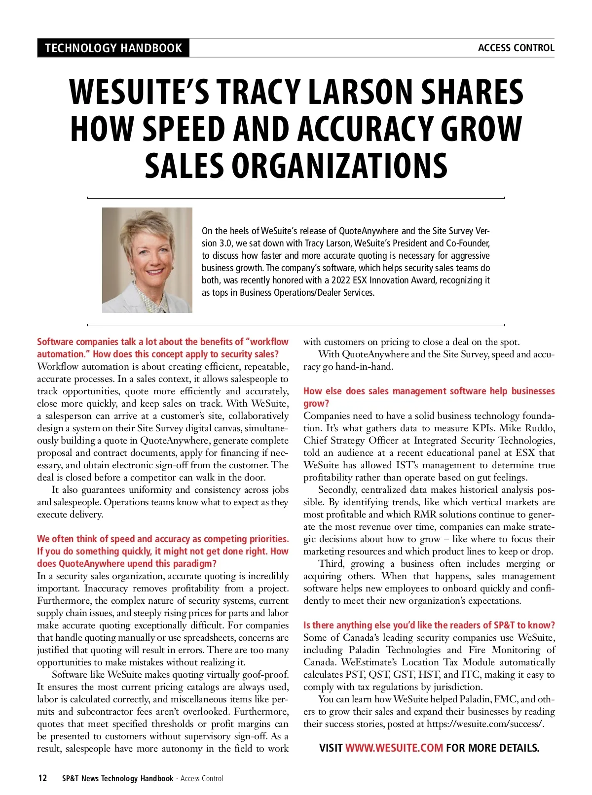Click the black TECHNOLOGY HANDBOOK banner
tap(113, 48)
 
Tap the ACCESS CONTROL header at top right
tap(516, 48)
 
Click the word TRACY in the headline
tap(260, 92)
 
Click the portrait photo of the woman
tap(147, 260)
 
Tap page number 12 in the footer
tap(43, 778)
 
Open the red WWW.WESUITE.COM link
tap(394, 748)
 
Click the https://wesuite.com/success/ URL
tap(485, 724)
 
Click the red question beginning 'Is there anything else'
tap(429, 625)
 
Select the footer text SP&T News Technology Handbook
tap(117, 778)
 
